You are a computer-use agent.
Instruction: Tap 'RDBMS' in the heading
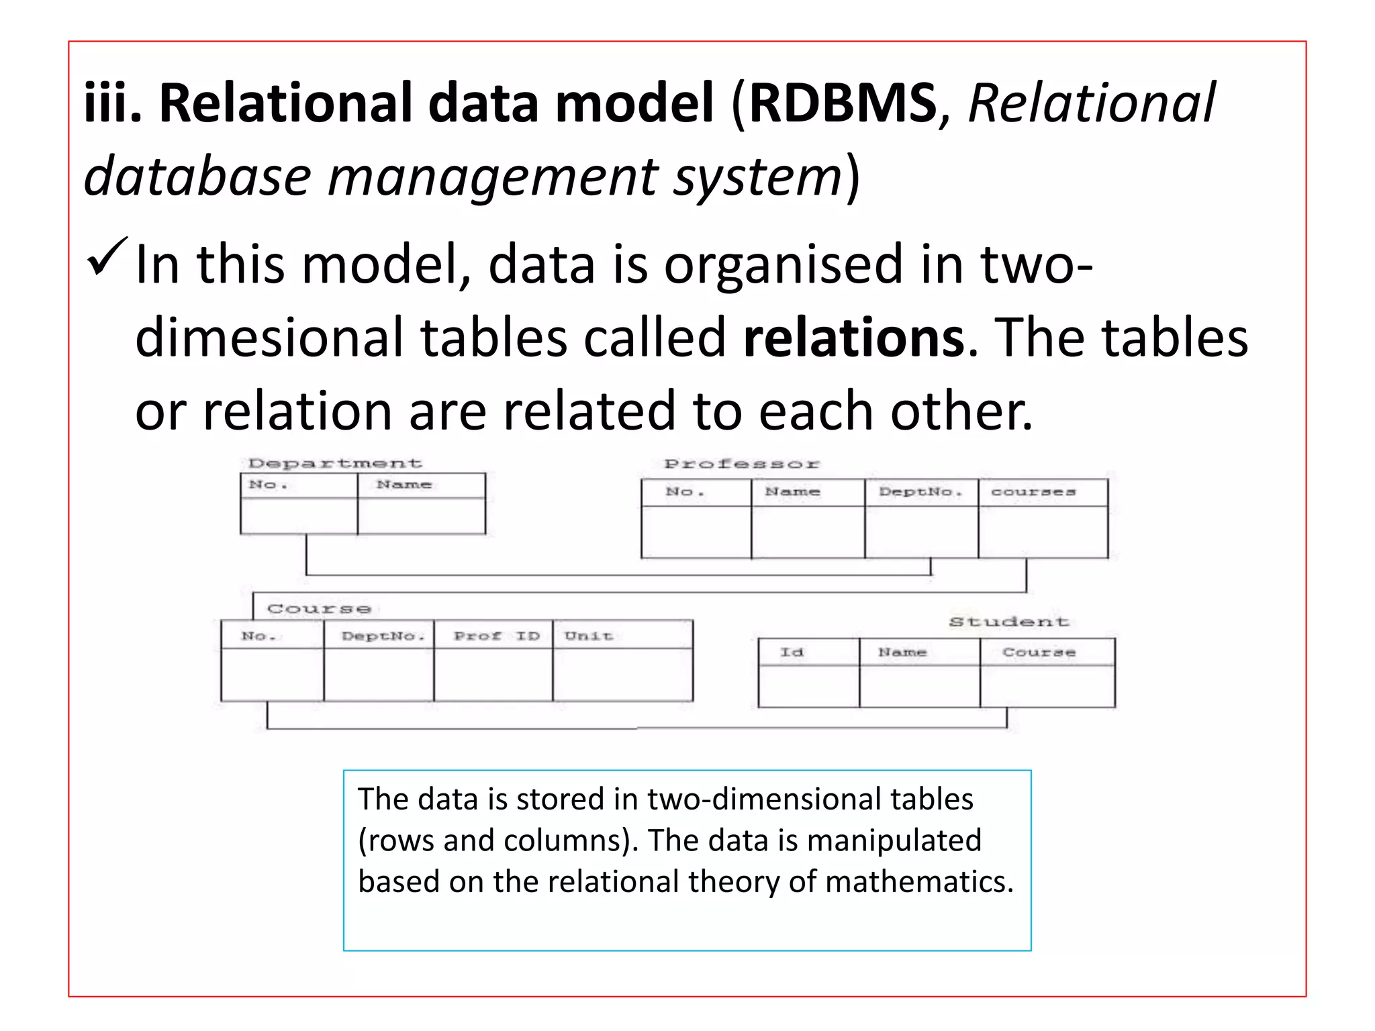coord(843,103)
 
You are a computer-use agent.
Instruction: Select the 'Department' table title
coord(335,463)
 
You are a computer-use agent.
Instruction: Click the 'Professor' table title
coord(741,464)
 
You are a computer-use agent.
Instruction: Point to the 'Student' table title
coord(1009,622)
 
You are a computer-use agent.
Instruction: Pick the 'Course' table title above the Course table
coord(319,609)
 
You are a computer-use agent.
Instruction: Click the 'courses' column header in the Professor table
coord(1033,492)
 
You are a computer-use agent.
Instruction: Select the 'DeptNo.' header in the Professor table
coord(920,492)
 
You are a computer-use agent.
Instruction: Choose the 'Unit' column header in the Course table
coord(589,636)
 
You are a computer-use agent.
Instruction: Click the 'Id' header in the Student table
coord(792,652)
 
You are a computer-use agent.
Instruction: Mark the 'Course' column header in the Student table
coord(1039,652)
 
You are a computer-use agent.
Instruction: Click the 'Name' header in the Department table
coord(404,485)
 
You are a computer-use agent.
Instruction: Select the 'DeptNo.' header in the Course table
coord(383,636)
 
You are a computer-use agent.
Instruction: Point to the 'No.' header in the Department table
coord(268,485)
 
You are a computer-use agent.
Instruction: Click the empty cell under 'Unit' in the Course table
coord(622,675)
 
